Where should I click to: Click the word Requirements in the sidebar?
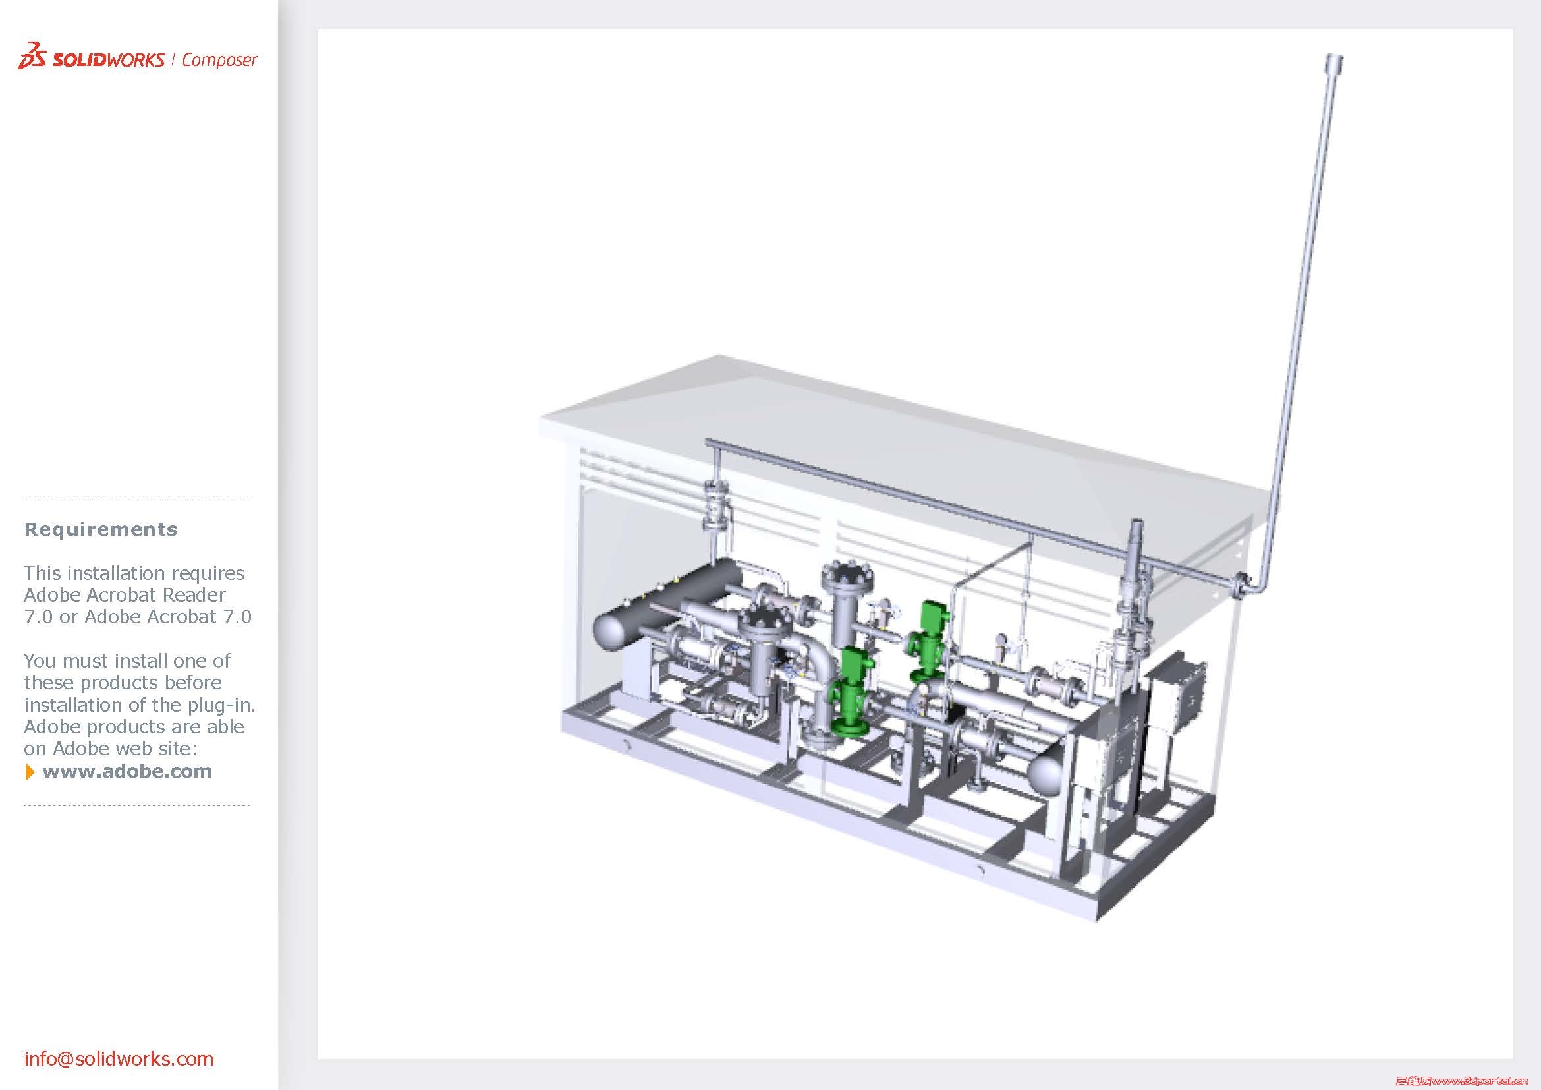click(101, 530)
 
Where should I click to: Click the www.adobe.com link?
click(127, 771)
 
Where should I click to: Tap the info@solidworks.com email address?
click(119, 1058)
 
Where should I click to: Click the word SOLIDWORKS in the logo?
click(109, 60)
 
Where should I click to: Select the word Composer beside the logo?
click(219, 61)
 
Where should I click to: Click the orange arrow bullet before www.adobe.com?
click(30, 772)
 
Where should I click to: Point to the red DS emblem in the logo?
click(32, 57)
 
